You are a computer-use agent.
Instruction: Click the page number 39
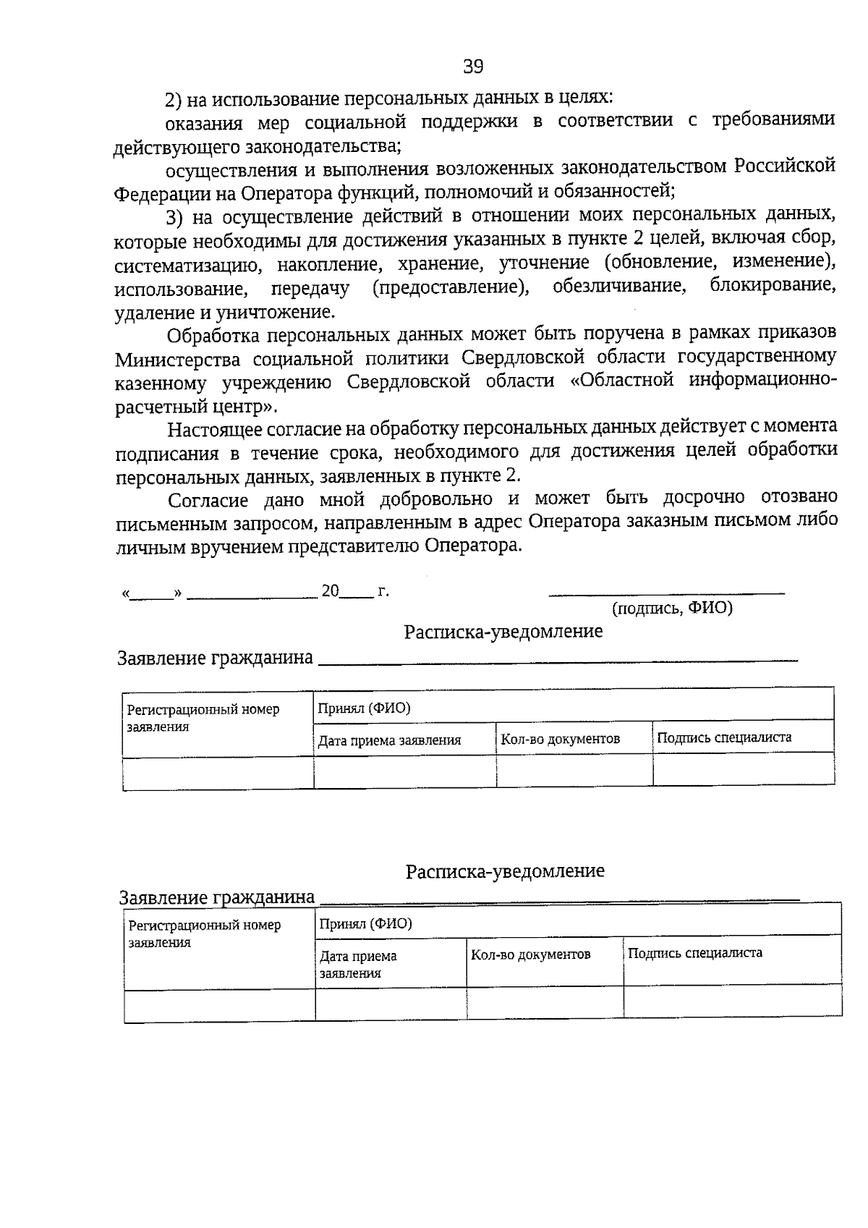pos(473,67)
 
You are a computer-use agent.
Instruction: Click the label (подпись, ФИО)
pos(672,609)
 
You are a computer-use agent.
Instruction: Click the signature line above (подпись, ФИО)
pos(666,594)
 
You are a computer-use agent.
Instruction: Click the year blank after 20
pos(357,595)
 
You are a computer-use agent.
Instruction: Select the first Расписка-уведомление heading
pos(503,632)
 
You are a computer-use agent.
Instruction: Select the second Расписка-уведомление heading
pos(504,871)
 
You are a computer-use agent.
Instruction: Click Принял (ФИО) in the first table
pos(364,708)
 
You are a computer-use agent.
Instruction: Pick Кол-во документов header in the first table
pos(561,739)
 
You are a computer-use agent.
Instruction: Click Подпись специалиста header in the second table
pos(694,953)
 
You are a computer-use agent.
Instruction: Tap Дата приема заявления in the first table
pos(389,740)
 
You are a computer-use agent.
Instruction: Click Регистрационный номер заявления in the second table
pos(204,933)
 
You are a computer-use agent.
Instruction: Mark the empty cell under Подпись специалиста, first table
pos(743,771)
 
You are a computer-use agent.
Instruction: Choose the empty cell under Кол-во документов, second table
pos(544,1003)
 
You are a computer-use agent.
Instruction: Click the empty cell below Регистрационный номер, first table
pos(218,773)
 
